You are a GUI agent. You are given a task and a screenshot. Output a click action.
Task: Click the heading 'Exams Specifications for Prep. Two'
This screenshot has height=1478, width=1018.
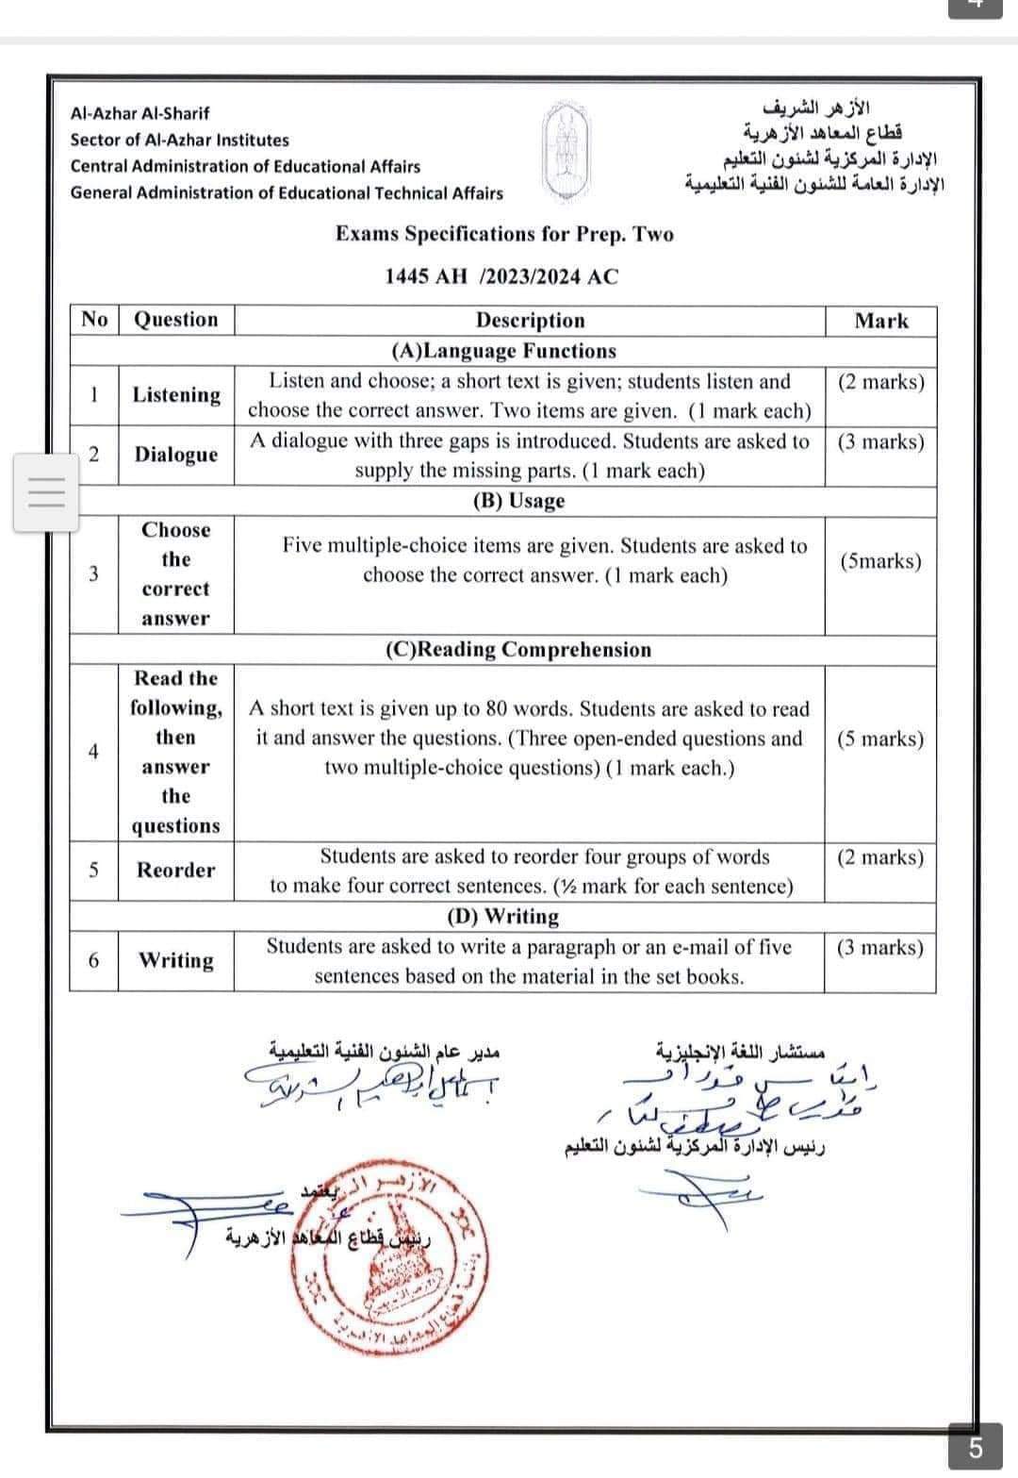[x=504, y=234]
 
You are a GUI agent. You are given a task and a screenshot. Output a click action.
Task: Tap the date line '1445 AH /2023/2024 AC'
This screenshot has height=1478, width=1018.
[x=501, y=276]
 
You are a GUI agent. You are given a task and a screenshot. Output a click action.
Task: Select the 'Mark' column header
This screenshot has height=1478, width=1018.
[x=880, y=321]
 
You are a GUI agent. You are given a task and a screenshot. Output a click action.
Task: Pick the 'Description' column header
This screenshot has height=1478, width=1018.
[x=530, y=321]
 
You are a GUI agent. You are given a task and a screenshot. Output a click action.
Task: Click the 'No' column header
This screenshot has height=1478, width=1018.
[x=94, y=320]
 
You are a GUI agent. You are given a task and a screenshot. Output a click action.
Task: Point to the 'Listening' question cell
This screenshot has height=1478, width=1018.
[x=176, y=395]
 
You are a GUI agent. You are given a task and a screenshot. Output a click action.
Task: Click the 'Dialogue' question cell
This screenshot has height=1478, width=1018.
[x=175, y=455]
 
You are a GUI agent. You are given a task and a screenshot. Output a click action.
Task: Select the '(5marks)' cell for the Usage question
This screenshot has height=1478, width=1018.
[x=880, y=561]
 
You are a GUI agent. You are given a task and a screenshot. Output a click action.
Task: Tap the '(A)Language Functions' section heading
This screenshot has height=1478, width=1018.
[x=503, y=351]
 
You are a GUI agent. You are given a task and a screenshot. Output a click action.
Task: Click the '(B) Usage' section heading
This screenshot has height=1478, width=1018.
[x=517, y=501]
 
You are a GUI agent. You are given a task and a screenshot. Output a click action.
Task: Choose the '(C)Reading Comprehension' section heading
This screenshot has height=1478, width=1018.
[x=517, y=650]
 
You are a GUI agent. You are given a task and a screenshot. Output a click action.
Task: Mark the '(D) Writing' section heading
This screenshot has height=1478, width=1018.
[x=502, y=916]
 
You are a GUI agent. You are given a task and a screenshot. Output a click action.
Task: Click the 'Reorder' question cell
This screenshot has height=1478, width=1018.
[x=175, y=870]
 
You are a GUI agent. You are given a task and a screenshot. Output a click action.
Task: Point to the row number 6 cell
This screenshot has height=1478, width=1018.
[x=93, y=960]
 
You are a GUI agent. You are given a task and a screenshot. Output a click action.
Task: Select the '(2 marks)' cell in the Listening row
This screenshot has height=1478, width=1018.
[x=880, y=382]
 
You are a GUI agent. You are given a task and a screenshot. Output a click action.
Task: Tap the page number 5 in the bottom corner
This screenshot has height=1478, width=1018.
[x=975, y=1447]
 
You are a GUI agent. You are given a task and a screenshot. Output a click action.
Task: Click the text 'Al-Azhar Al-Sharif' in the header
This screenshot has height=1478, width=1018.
[x=140, y=113]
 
